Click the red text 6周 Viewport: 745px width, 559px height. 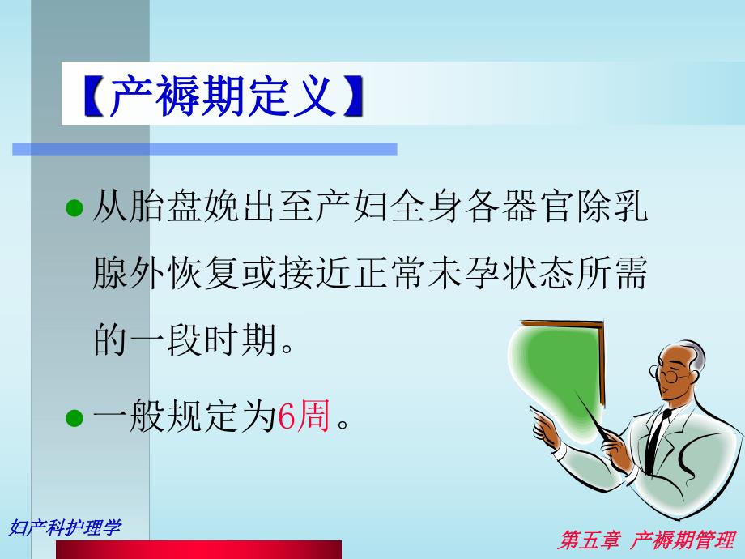(x=304, y=419)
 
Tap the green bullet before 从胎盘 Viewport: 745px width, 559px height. (x=74, y=210)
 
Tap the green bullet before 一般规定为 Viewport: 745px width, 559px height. (x=74, y=419)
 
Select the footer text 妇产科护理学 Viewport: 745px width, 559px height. (x=65, y=527)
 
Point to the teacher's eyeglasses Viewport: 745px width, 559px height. (x=668, y=373)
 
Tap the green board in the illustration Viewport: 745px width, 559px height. (x=559, y=365)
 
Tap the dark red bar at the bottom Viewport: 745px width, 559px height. (x=198, y=549)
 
